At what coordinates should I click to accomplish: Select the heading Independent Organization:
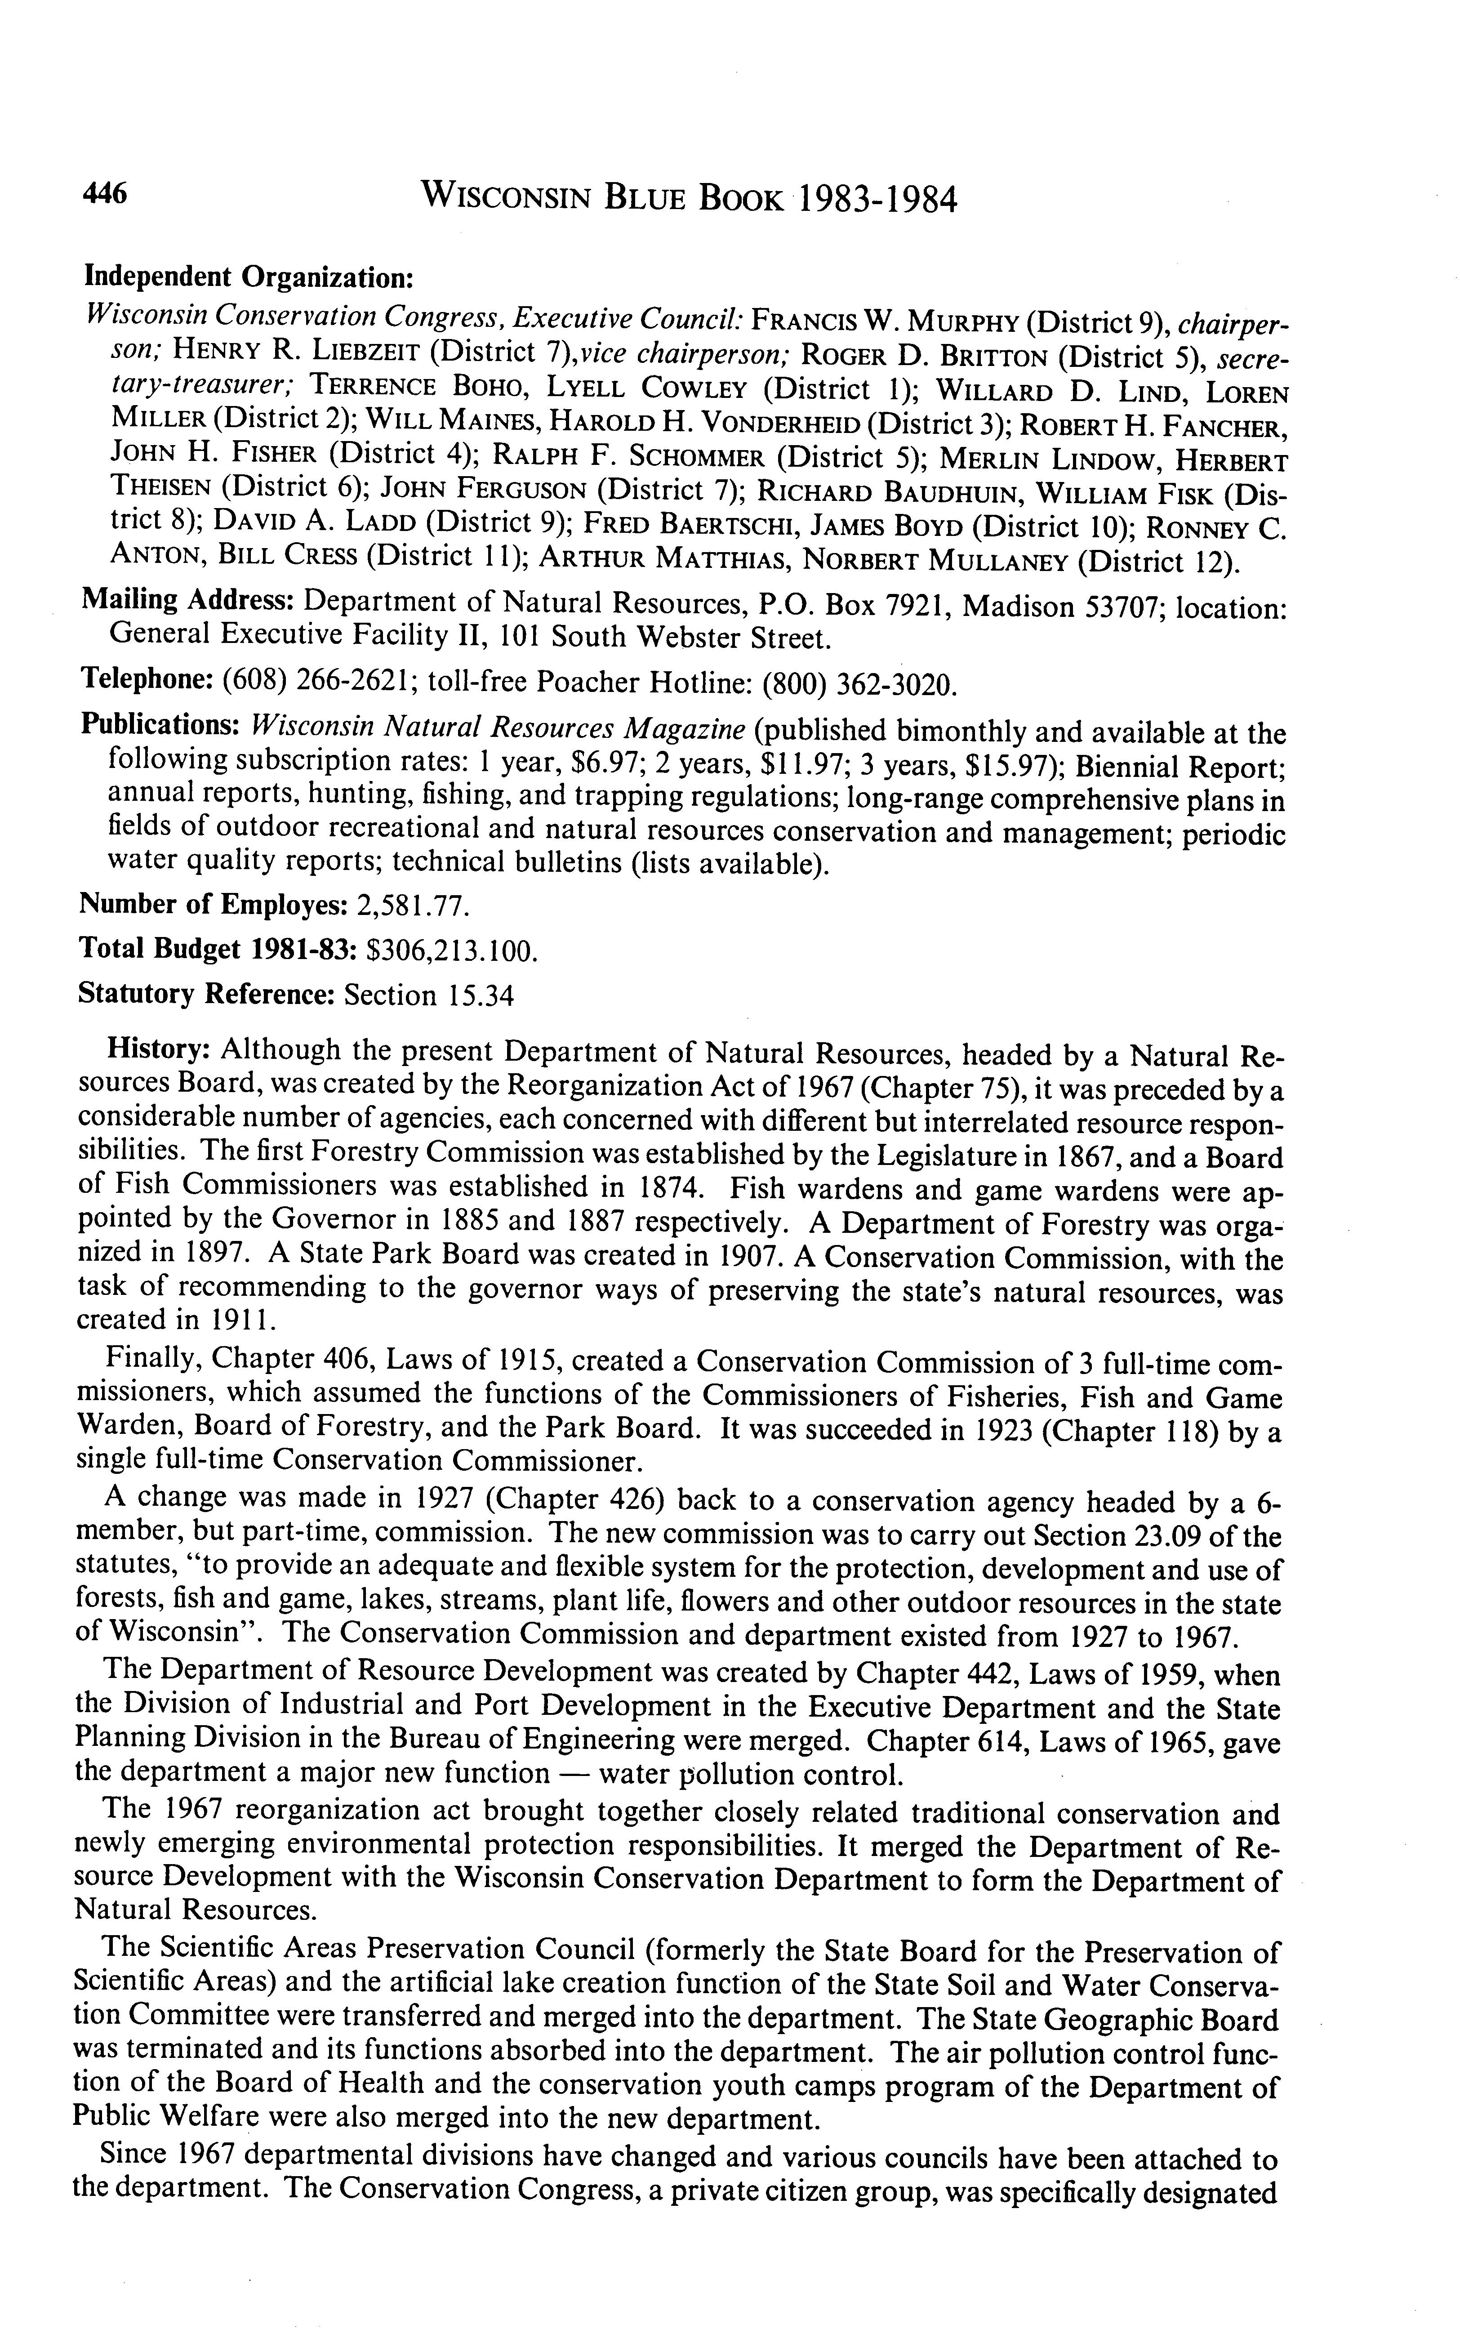point(249,277)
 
